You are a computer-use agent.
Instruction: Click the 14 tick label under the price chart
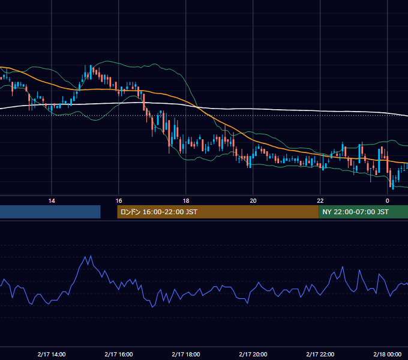(x=52, y=201)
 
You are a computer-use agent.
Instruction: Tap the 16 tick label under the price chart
(x=119, y=201)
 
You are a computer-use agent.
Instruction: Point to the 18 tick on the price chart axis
(x=186, y=201)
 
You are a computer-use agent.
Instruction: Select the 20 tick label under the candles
(x=253, y=201)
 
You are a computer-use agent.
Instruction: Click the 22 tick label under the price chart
(x=320, y=201)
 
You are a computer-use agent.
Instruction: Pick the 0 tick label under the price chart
(x=387, y=201)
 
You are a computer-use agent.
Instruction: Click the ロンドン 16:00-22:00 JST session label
(x=159, y=212)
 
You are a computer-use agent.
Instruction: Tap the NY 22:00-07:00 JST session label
(x=355, y=212)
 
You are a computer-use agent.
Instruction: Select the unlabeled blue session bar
(x=50, y=212)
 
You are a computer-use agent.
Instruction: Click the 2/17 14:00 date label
(x=52, y=354)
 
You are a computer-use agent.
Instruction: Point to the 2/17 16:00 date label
(x=119, y=354)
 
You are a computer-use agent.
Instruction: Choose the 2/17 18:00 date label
(x=186, y=354)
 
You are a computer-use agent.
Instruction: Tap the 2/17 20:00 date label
(x=253, y=354)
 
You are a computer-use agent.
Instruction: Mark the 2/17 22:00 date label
(x=320, y=354)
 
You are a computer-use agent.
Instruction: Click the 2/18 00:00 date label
(x=387, y=354)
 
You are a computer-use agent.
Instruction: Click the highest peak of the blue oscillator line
(x=91, y=256)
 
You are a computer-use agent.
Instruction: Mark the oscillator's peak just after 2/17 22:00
(x=343, y=267)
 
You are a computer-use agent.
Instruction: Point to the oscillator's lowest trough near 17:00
(x=152, y=307)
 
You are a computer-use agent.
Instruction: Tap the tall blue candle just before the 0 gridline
(x=379, y=161)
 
